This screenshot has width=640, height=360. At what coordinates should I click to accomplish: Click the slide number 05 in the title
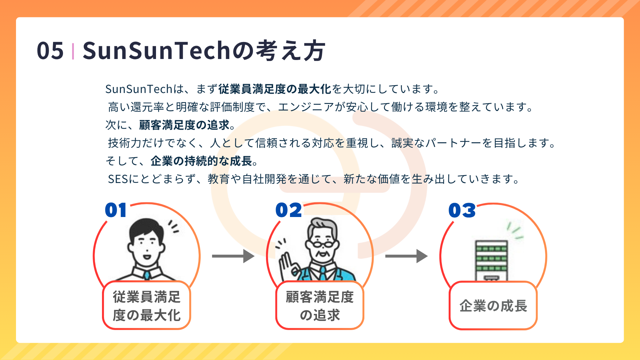tap(50, 51)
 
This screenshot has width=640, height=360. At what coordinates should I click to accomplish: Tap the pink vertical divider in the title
tap(73, 51)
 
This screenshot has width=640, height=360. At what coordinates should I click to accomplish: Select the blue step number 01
tap(116, 210)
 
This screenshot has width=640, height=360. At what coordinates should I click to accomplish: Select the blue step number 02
tap(289, 210)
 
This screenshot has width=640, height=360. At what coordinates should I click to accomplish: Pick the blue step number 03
tap(462, 210)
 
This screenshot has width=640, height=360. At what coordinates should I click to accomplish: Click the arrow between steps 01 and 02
tap(233, 256)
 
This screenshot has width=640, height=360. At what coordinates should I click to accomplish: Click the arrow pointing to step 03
tap(407, 256)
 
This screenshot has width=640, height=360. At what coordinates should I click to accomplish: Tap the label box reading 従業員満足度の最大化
tap(146, 305)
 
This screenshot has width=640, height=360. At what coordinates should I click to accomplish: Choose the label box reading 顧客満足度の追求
tap(320, 305)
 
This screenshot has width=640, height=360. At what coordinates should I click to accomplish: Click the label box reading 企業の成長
tap(493, 305)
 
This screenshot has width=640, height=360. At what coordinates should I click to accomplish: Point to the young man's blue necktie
tap(147, 275)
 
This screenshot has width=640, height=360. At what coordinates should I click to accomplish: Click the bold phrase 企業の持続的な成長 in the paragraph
tap(201, 161)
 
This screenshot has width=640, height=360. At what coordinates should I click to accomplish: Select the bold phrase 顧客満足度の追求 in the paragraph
tap(184, 125)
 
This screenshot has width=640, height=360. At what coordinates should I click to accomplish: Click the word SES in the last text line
tap(118, 179)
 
